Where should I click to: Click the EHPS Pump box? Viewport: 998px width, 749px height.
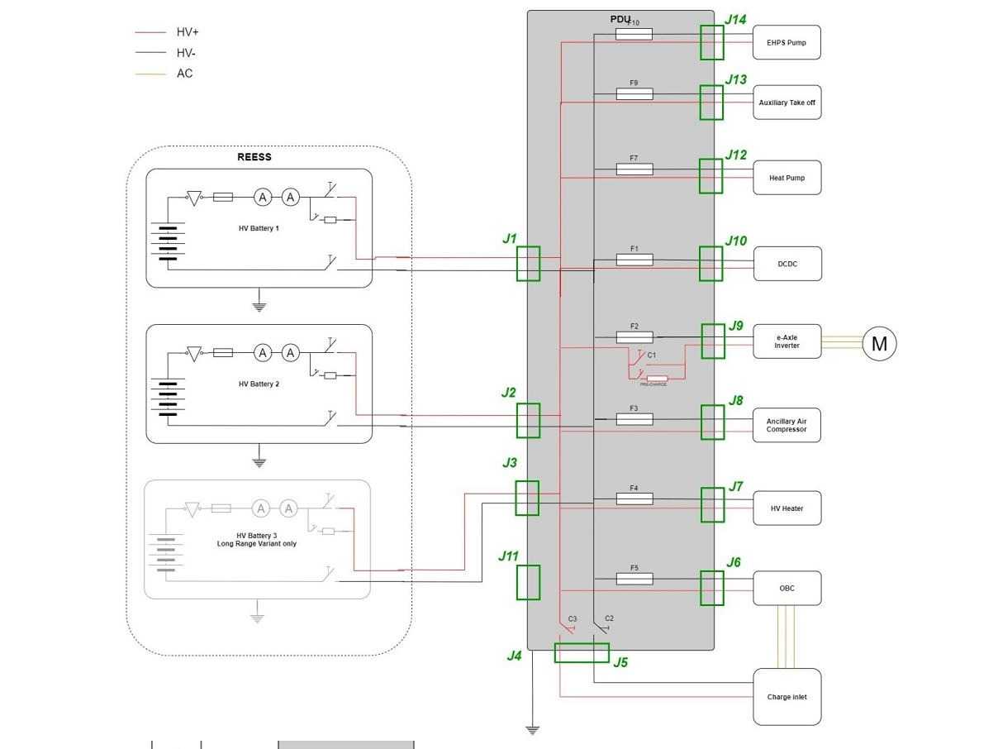(x=787, y=42)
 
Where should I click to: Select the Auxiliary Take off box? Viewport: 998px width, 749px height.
(x=787, y=103)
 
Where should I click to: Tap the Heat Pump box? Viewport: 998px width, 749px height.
(x=787, y=178)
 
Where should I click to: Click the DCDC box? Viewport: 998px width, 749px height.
(x=787, y=264)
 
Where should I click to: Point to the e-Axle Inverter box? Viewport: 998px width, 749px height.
(x=787, y=341)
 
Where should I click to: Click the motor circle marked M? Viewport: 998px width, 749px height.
(x=879, y=343)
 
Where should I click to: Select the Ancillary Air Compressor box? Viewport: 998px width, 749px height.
(x=786, y=425)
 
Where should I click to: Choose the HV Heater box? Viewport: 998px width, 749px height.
(x=787, y=508)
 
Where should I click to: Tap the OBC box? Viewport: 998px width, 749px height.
(x=787, y=588)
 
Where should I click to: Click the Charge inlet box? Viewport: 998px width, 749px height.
(x=787, y=697)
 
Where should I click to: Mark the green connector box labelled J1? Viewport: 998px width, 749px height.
(x=528, y=264)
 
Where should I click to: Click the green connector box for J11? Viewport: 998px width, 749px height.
(x=528, y=582)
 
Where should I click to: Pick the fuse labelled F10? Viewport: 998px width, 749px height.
(x=634, y=34)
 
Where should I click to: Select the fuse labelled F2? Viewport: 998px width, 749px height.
(x=634, y=337)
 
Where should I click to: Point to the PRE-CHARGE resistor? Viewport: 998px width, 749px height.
(x=657, y=379)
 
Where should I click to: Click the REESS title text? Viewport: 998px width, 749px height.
(x=254, y=157)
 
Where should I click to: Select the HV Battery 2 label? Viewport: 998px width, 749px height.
(x=259, y=384)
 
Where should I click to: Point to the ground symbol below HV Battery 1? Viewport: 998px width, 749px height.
(x=259, y=307)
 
